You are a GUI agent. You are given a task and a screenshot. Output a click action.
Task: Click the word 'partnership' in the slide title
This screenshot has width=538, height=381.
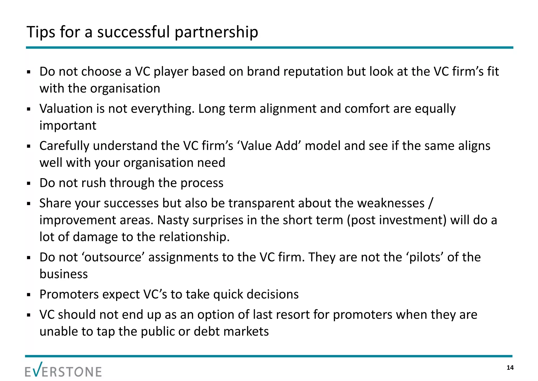pos(216,32)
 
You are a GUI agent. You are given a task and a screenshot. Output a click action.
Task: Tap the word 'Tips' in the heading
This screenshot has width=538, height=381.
pos(40,32)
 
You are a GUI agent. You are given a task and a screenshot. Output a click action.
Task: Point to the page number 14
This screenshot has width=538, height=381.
pos(510,368)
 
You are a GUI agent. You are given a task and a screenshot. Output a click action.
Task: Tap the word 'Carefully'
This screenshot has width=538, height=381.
pos(64,146)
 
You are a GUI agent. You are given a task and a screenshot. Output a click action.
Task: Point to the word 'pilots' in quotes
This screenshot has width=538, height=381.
pos(423,257)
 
